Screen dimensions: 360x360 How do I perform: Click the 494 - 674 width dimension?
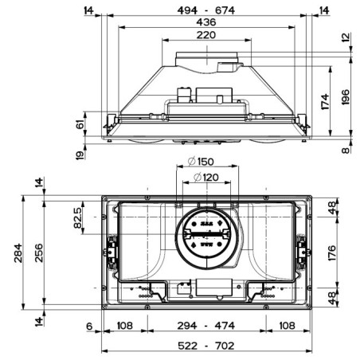click(x=206, y=10)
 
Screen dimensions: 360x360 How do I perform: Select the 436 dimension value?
click(x=206, y=22)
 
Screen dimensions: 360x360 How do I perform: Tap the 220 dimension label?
click(x=206, y=35)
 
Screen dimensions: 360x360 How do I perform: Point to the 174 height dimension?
click(x=325, y=102)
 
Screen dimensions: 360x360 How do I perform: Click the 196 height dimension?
click(x=346, y=97)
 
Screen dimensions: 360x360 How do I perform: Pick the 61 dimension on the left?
click(x=80, y=124)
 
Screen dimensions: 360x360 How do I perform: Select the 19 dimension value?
click(x=80, y=155)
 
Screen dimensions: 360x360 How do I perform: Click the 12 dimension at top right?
click(x=346, y=37)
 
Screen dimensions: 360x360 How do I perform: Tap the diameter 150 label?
click(x=201, y=162)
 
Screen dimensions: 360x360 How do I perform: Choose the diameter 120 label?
click(x=206, y=178)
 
